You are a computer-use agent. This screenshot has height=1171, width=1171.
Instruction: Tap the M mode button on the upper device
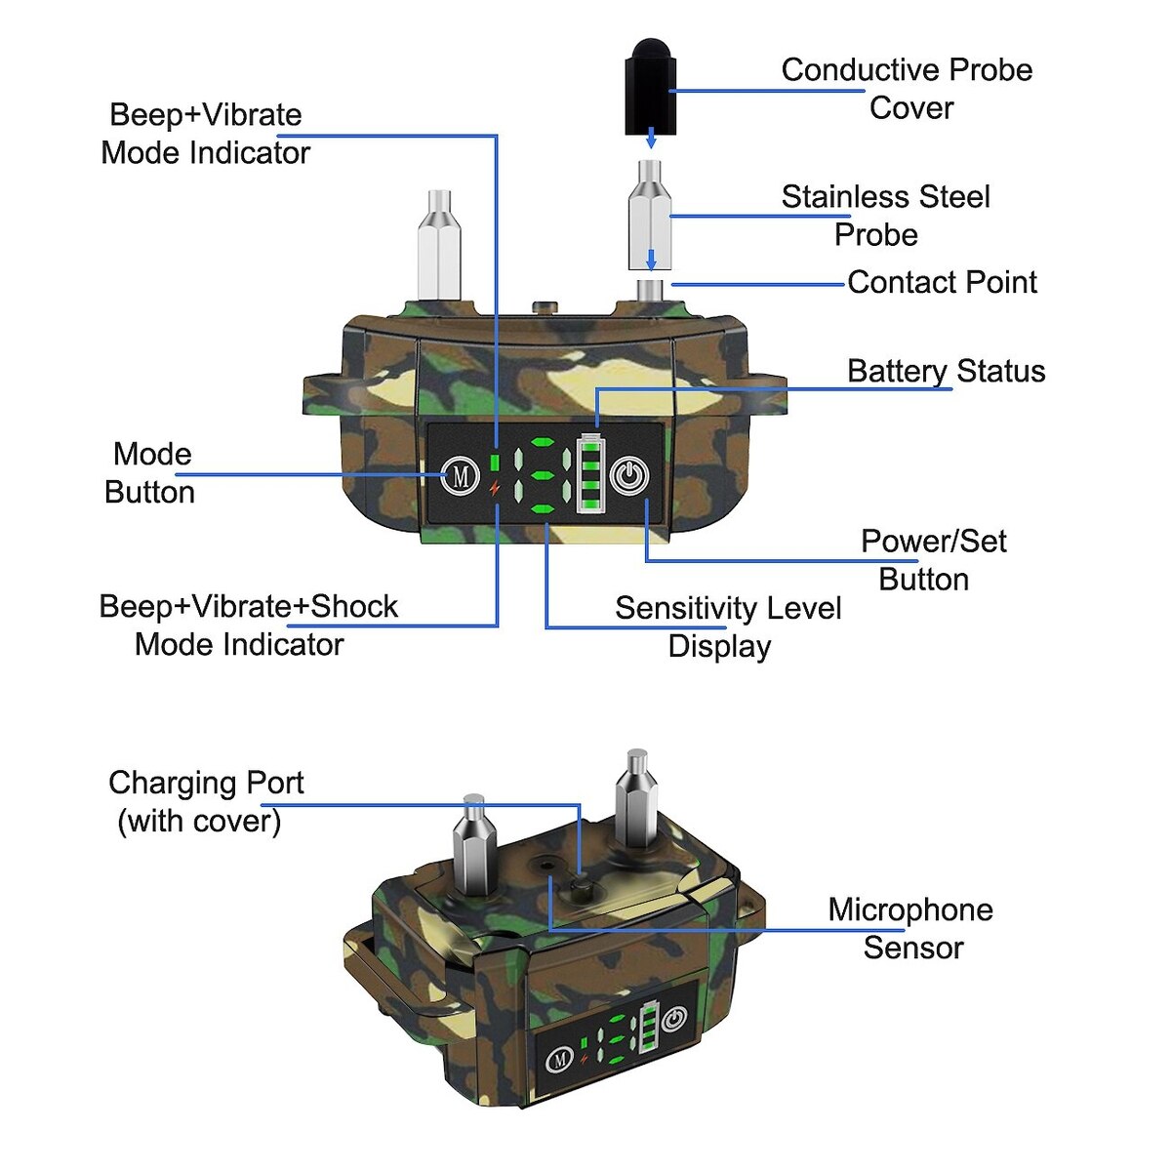pos(460,476)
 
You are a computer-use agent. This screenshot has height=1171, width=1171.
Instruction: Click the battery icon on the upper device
pos(590,473)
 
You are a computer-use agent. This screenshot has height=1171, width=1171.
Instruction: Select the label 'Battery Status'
pos(946,371)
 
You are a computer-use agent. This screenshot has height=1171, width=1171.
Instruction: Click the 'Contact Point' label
pos(942,282)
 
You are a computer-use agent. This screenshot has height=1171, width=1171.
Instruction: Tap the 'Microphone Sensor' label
pos(910,928)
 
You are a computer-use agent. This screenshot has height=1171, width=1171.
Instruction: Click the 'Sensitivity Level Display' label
pos(727,626)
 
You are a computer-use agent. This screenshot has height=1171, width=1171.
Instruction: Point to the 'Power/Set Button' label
pos(932,559)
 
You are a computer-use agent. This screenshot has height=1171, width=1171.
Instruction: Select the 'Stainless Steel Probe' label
pos(884,215)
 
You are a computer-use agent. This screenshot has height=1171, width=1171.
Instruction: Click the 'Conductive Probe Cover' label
pos(907,88)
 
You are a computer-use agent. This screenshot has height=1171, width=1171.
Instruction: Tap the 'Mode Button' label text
pos(150,472)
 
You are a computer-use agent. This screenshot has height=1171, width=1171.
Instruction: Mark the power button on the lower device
pos(673,1022)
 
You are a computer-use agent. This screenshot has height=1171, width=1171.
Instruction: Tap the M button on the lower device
pos(559,1058)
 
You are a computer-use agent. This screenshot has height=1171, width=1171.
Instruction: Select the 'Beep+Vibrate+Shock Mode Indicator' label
pos(248,625)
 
